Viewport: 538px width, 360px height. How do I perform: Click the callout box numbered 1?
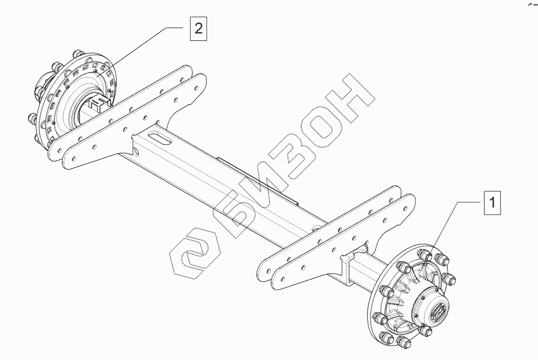[x=493, y=203]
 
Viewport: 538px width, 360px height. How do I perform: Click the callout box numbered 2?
[x=198, y=28]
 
